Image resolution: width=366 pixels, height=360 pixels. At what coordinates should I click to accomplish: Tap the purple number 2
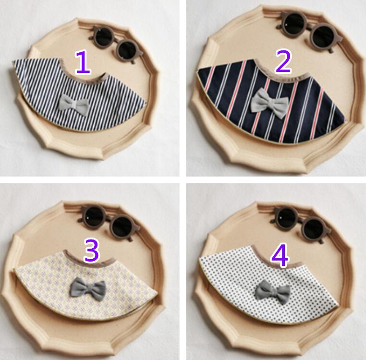tap(283, 61)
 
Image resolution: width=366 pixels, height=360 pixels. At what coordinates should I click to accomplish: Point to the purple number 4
tap(280, 255)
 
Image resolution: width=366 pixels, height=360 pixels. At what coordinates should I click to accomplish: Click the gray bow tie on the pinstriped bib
tap(74, 105)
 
